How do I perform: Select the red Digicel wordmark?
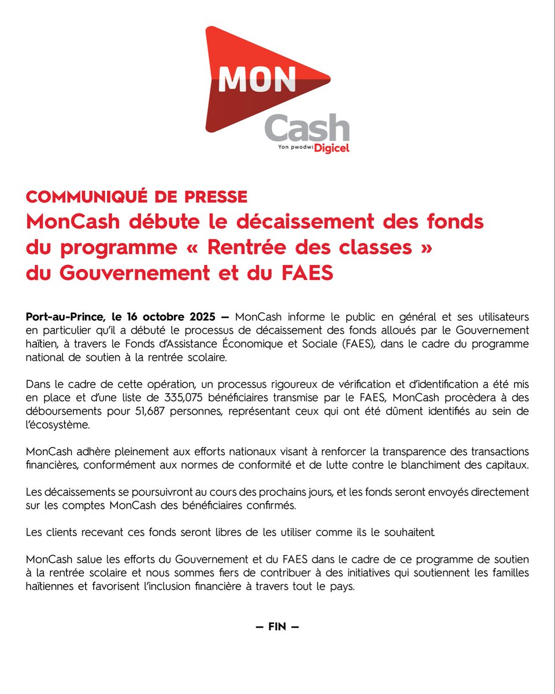click(332, 148)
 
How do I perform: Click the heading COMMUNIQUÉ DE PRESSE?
click(136, 197)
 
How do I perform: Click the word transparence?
click(398, 451)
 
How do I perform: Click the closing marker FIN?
click(277, 627)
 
